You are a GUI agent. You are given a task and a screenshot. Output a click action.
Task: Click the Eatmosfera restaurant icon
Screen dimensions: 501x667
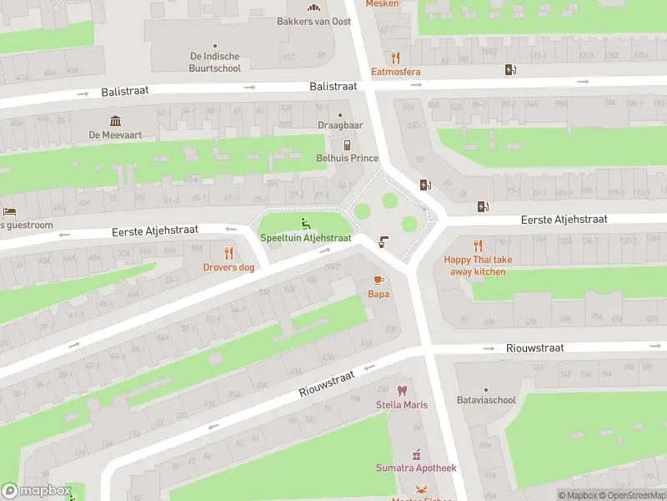coord(396,58)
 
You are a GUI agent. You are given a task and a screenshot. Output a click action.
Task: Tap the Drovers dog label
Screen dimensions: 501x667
coord(228,267)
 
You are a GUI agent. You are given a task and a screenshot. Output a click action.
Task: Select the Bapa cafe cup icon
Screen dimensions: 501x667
coord(378,280)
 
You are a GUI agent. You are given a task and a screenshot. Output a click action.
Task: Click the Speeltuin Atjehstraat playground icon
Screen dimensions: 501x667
coord(305,223)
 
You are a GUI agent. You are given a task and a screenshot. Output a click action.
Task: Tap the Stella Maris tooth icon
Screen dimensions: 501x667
coord(402,391)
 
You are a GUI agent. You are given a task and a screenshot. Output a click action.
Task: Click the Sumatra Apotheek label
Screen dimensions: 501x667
coord(416,468)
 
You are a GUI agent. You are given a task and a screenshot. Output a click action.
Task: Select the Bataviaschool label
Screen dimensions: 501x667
coord(486,400)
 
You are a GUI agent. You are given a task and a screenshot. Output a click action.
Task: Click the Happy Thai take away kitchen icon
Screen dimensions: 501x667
coord(478,245)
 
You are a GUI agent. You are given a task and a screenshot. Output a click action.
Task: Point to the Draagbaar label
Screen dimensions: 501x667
coord(340,125)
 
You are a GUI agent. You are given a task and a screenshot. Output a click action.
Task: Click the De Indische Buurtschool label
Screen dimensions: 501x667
coord(215,63)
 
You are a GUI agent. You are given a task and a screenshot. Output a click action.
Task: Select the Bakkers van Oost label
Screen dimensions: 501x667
coord(313,21)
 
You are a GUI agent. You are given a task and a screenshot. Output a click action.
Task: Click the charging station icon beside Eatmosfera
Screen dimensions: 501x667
coord(509,70)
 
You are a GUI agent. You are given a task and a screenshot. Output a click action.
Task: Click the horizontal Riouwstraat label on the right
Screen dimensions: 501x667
coord(534,347)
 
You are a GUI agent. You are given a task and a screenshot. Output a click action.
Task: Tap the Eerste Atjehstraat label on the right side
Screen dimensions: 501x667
coord(564,219)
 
